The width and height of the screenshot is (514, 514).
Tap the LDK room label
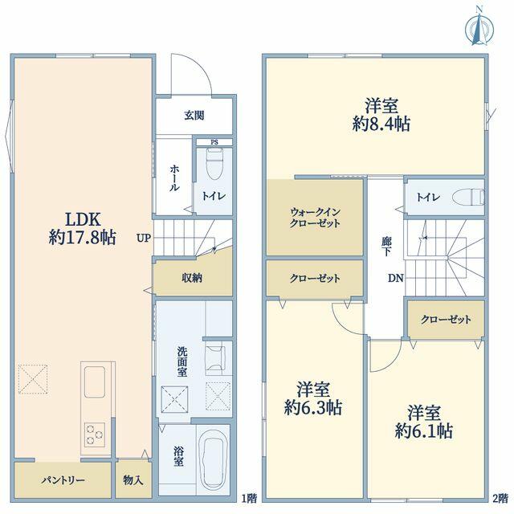click(x=83, y=219)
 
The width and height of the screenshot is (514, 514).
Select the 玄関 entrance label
click(x=194, y=115)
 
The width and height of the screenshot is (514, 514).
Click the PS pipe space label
click(x=214, y=142)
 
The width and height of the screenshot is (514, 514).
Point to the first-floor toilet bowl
click(x=214, y=163)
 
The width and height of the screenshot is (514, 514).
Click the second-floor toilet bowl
click(x=468, y=197)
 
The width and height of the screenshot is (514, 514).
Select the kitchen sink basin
click(x=95, y=381)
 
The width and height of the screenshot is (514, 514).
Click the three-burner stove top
click(x=95, y=434)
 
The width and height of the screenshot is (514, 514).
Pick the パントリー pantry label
click(x=63, y=481)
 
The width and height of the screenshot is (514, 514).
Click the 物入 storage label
click(x=133, y=480)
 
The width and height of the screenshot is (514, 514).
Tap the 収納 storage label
click(x=192, y=278)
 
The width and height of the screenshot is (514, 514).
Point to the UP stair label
click(x=144, y=238)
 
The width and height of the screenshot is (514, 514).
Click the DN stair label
click(x=396, y=279)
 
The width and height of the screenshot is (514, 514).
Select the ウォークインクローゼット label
click(x=315, y=218)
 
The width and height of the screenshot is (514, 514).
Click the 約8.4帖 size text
click(x=381, y=124)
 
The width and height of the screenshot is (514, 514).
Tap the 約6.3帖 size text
click(x=313, y=407)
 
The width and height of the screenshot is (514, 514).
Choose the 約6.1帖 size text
click(x=424, y=430)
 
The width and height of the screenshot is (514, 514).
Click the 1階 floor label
click(x=249, y=499)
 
